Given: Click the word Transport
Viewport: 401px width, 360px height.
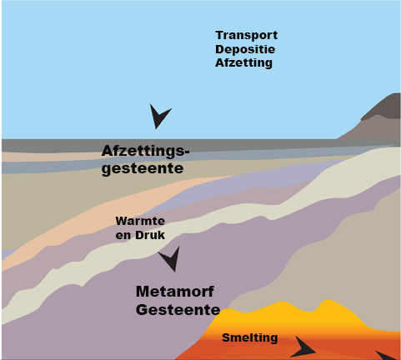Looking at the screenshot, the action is (x=247, y=36).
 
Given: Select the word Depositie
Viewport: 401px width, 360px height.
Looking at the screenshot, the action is (x=245, y=49).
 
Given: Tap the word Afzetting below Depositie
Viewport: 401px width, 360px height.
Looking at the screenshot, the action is (x=243, y=63).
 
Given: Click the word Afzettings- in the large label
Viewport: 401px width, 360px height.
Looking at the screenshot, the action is (x=145, y=151).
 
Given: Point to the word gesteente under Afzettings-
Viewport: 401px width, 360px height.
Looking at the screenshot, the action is (x=143, y=168).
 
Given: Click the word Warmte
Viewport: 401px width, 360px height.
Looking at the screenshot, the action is (x=140, y=221).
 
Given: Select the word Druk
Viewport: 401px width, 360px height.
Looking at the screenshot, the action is (x=150, y=235).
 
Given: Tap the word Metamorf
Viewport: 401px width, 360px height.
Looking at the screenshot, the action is (x=175, y=292).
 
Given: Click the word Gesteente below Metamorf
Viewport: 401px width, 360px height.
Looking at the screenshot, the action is (x=178, y=309).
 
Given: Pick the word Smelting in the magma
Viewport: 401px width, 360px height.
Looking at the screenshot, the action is (x=250, y=337).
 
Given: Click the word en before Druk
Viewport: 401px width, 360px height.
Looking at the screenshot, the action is (x=123, y=236).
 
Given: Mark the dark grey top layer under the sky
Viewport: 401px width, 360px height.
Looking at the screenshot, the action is (x=194, y=145).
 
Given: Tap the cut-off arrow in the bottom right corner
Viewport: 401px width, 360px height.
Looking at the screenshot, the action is (x=386, y=356).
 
